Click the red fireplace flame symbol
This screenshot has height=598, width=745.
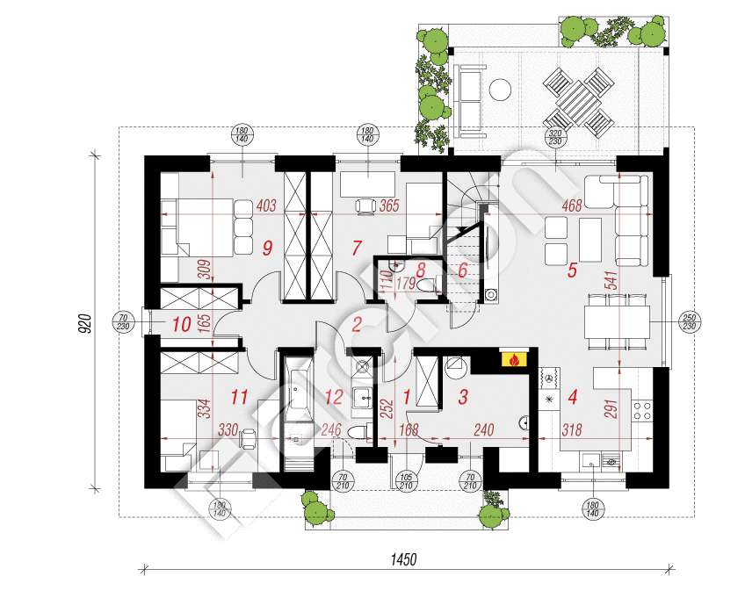[511, 358]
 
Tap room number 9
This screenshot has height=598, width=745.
[268, 249]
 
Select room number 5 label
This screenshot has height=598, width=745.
[572, 270]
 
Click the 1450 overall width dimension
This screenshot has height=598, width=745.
[403, 559]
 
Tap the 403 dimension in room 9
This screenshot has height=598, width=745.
[266, 207]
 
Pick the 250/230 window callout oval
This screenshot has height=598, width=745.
[689, 321]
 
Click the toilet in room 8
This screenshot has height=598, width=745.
[428, 287]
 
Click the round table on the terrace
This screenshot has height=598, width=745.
[501, 89]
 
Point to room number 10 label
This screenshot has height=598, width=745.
[182, 324]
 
